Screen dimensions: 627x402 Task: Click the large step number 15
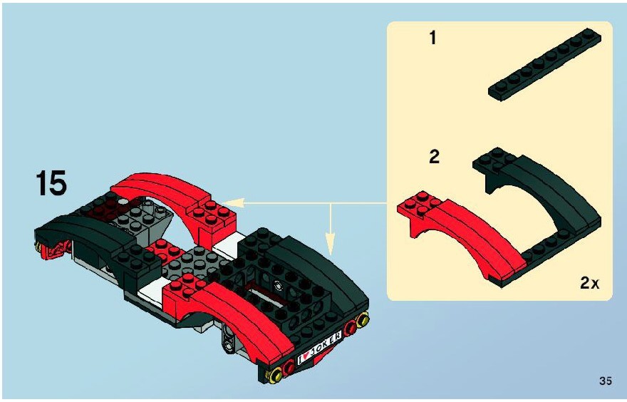51,182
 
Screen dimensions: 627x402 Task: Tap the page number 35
606,381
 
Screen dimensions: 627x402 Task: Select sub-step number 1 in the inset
432,38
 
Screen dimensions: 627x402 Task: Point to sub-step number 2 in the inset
434,156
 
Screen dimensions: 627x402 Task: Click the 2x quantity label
590,283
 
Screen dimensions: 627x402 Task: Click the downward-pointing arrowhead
331,244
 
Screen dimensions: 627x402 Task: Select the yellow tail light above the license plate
363,319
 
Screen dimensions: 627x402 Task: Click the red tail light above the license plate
351,326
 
